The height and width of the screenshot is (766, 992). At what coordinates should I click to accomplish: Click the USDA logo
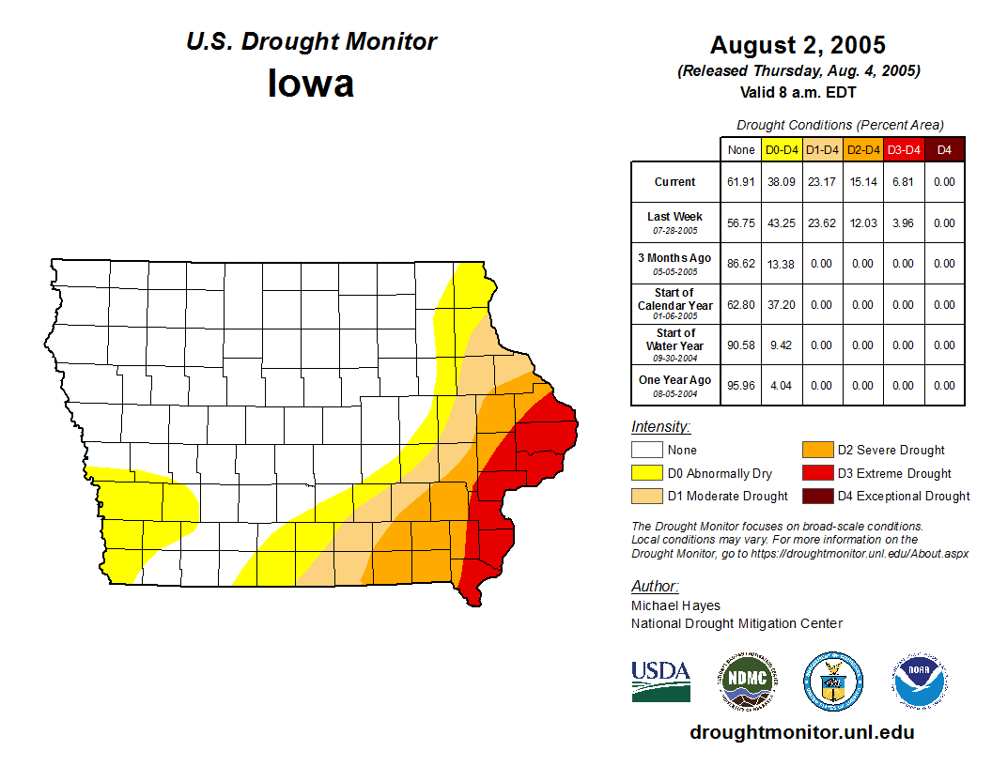coord(660,681)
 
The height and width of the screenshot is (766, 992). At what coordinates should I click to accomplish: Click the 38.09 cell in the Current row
coord(782,182)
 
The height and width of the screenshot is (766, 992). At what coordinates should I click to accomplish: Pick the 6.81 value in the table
coord(903,182)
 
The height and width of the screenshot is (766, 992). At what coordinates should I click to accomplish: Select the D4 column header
coord(944,149)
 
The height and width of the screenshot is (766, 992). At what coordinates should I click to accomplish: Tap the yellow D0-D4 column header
coord(782,149)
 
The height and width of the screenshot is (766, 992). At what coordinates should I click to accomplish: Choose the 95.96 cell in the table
coord(741,386)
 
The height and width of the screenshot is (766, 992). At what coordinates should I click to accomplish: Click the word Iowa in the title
coord(311,83)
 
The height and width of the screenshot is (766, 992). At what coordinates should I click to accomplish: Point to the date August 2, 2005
coord(798,45)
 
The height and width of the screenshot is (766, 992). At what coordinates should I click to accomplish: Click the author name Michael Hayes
coord(675,605)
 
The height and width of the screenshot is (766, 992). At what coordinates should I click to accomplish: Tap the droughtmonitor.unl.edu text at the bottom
coord(801,732)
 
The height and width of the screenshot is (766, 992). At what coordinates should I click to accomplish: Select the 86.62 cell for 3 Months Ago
coord(741,264)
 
